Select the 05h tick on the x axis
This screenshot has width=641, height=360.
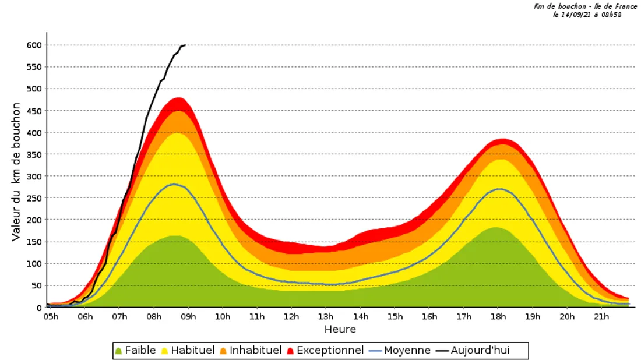tap(51, 316)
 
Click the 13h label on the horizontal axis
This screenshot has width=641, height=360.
tap(326, 316)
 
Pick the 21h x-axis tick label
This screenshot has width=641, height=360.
tap(601, 316)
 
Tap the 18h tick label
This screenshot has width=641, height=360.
tap(498, 316)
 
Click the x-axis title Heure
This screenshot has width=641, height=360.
tap(340, 329)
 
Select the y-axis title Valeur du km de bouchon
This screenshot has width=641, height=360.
tap(16, 172)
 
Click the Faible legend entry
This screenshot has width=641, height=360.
tap(135, 350)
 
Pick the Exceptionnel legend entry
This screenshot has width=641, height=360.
tap(324, 350)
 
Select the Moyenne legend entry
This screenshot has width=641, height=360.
tap(400, 350)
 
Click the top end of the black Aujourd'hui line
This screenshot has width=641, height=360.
tap(185, 45)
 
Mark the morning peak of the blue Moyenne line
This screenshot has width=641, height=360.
tap(174, 184)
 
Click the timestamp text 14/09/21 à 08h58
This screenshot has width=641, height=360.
tap(587, 15)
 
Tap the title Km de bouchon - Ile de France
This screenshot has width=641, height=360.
tap(585, 6)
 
